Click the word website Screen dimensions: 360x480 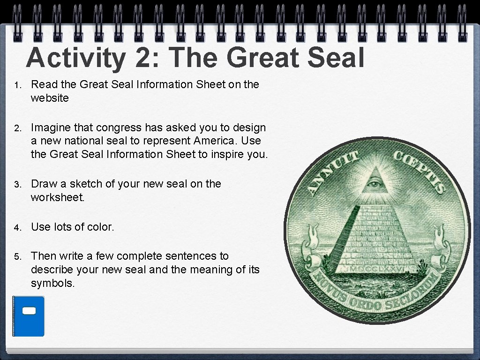click(x=50, y=98)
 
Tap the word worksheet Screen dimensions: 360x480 click(x=58, y=197)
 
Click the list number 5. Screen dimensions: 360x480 click(x=17, y=257)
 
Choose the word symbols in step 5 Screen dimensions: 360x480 click(x=52, y=284)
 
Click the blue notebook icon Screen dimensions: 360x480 click(x=28, y=316)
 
